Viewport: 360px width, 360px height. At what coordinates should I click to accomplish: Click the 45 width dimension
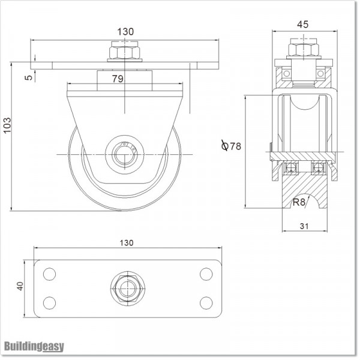[x=303, y=25]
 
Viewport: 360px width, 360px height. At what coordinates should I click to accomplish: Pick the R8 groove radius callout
[x=298, y=202]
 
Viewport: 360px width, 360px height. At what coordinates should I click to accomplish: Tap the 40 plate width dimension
[x=20, y=287]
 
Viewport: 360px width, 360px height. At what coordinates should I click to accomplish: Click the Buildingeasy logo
[x=34, y=346]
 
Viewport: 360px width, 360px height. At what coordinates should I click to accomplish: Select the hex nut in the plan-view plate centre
[x=127, y=287]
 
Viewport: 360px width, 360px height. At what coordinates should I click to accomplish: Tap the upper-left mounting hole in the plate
[x=49, y=274]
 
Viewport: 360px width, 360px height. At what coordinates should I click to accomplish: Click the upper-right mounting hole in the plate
[x=206, y=274]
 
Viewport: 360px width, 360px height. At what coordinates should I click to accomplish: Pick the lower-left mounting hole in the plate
[x=49, y=302]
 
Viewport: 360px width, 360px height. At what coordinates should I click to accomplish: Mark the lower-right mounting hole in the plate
[x=206, y=302]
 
